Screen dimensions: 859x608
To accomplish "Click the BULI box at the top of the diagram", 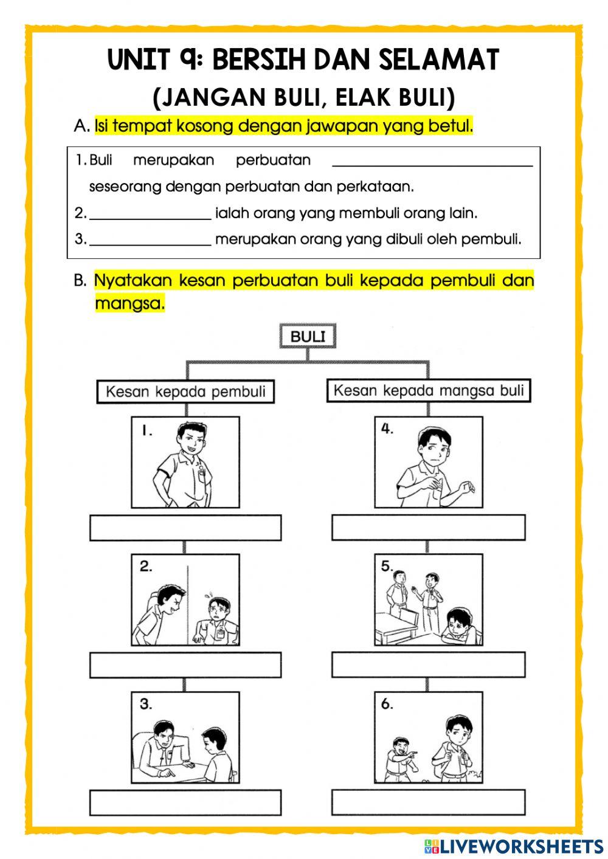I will [308, 336].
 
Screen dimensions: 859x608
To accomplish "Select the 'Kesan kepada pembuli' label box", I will [185, 392].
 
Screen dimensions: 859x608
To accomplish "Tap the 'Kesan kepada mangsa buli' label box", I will [429, 390].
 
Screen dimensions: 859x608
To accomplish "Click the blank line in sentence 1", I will [432, 161].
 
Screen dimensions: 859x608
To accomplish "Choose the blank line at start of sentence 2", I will [150, 214].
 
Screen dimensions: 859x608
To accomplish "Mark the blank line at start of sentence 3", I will [150, 240].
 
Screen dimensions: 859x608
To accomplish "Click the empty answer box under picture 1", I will [185, 528].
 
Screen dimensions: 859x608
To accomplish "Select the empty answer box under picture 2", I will [185, 665].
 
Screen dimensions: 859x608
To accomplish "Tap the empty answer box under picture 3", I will [185, 802].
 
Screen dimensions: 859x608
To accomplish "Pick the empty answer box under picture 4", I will [429, 528].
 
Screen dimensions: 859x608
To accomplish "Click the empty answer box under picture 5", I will [429, 665].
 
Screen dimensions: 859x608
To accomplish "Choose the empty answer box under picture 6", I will [429, 802].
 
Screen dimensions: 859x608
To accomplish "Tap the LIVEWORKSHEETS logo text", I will [520, 846].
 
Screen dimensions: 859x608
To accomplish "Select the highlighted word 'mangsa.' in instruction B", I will [130, 303].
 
